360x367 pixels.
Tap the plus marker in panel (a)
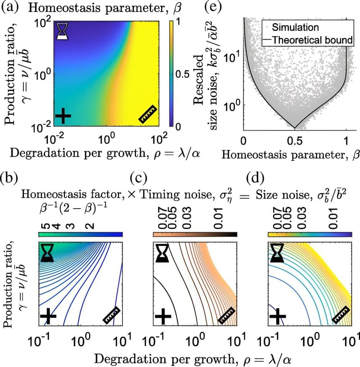(63, 115)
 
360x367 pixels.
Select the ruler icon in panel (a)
(148, 114)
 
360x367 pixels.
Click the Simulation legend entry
(295, 27)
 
